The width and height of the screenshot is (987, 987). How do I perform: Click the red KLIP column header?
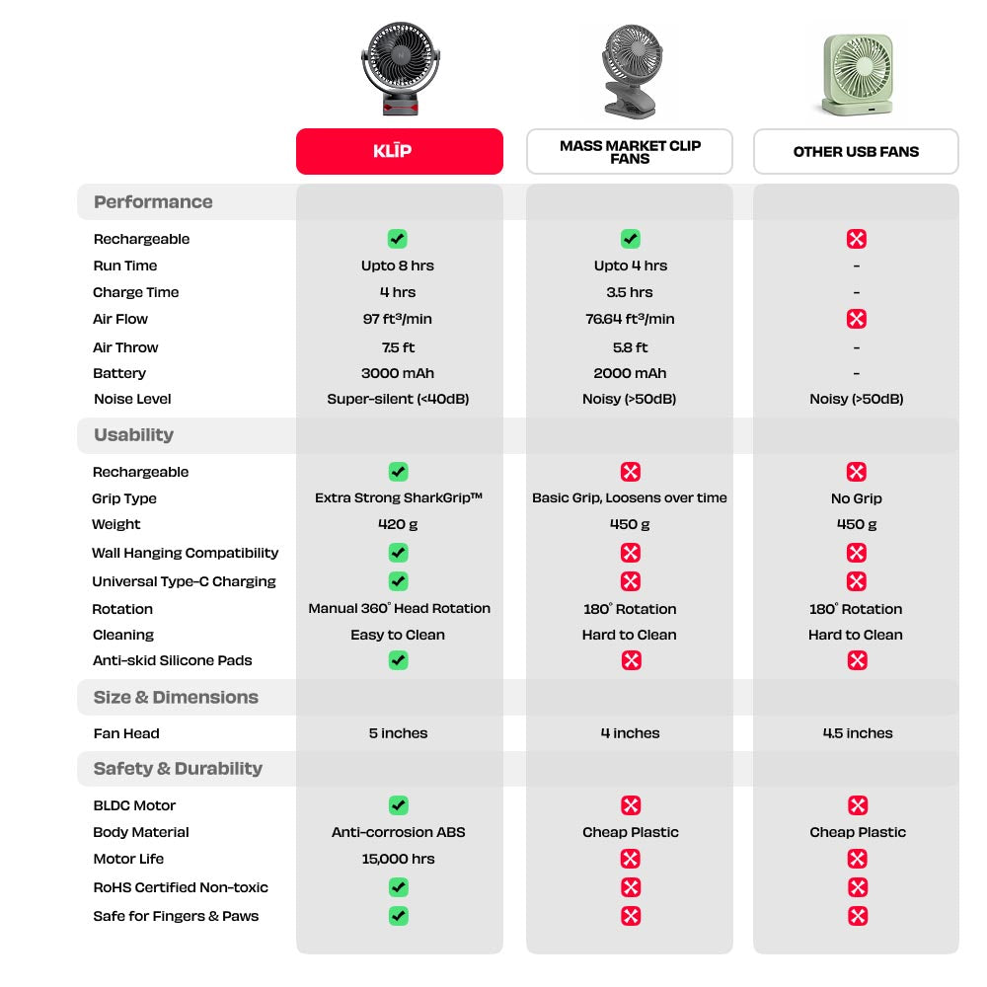(399, 151)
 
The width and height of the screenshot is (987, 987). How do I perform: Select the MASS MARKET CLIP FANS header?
(630, 151)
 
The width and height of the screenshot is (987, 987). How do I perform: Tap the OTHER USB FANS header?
(856, 151)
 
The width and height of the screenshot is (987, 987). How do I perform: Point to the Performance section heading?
(153, 201)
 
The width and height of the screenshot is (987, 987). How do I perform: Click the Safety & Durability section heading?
(178, 768)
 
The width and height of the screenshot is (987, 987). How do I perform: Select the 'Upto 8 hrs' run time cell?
(398, 266)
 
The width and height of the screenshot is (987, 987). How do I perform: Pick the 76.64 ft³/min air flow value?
(630, 319)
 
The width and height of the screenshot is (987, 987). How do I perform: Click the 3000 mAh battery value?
(398, 373)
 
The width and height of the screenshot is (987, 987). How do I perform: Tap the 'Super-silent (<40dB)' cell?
(398, 399)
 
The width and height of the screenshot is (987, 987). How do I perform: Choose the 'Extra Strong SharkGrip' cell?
(398, 498)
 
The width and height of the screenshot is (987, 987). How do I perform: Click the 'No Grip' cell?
(856, 498)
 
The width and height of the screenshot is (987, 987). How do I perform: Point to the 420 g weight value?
(398, 524)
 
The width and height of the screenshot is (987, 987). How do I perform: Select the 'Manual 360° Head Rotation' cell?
(399, 608)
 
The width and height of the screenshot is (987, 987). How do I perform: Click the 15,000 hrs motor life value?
(398, 859)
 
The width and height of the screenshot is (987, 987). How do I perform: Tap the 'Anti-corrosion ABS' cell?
(398, 832)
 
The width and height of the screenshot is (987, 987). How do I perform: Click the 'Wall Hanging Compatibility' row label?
(185, 553)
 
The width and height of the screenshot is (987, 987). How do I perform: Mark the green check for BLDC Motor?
(398, 805)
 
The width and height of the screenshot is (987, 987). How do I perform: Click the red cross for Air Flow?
(857, 319)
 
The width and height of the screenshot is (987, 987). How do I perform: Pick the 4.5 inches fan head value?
(857, 733)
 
